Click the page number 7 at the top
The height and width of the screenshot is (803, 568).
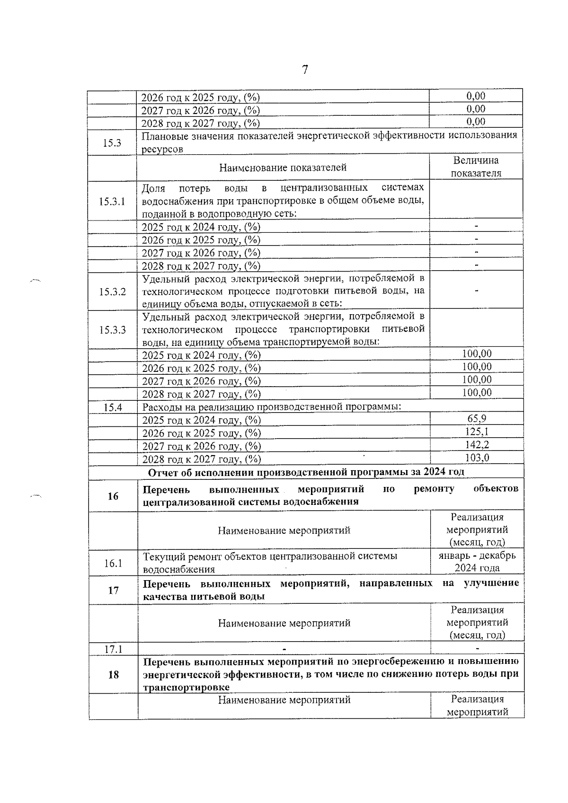(305, 70)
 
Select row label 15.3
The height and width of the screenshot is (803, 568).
(112, 143)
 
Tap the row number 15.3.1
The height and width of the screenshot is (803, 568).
(112, 202)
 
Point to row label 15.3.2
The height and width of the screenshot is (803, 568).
(113, 291)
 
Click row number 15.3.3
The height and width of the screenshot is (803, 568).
(113, 330)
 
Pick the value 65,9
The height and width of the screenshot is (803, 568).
(477, 418)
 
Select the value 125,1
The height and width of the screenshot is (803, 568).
(477, 431)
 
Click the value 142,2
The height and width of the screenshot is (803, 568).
(477, 444)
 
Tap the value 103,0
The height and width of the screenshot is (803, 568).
(477, 457)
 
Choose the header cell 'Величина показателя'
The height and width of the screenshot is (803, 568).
(476, 167)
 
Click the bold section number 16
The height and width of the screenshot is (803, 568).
(113, 496)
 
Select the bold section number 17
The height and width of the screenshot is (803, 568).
(113, 590)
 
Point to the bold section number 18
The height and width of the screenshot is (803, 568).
(113, 675)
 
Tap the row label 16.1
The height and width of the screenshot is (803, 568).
(113, 563)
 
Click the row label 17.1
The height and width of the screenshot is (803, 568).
(113, 649)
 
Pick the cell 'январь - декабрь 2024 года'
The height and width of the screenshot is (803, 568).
(477, 562)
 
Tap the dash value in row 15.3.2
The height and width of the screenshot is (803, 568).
(476, 291)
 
